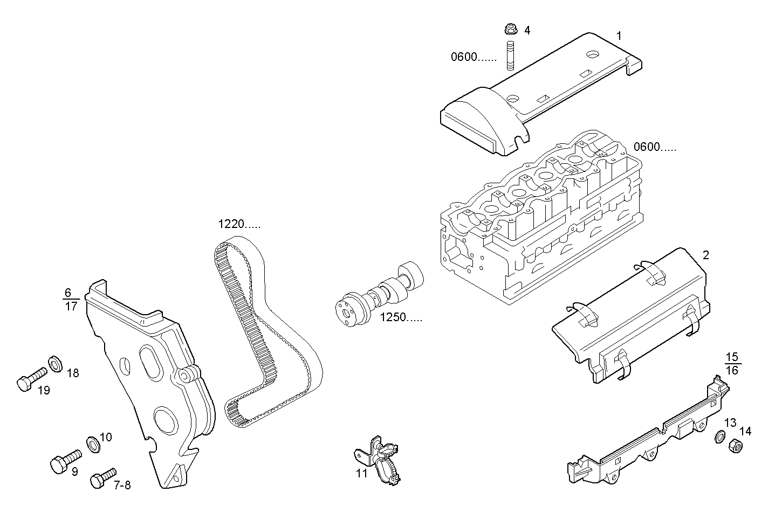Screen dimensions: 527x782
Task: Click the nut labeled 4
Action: point(509,29)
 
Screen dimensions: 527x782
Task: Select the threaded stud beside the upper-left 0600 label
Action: point(510,56)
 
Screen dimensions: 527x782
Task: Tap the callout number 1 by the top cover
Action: point(619,36)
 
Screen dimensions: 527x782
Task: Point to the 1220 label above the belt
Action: point(239,224)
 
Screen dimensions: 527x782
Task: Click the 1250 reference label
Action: point(401,317)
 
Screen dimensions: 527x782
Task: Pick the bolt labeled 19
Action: point(30,379)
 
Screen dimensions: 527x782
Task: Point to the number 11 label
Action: point(361,474)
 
